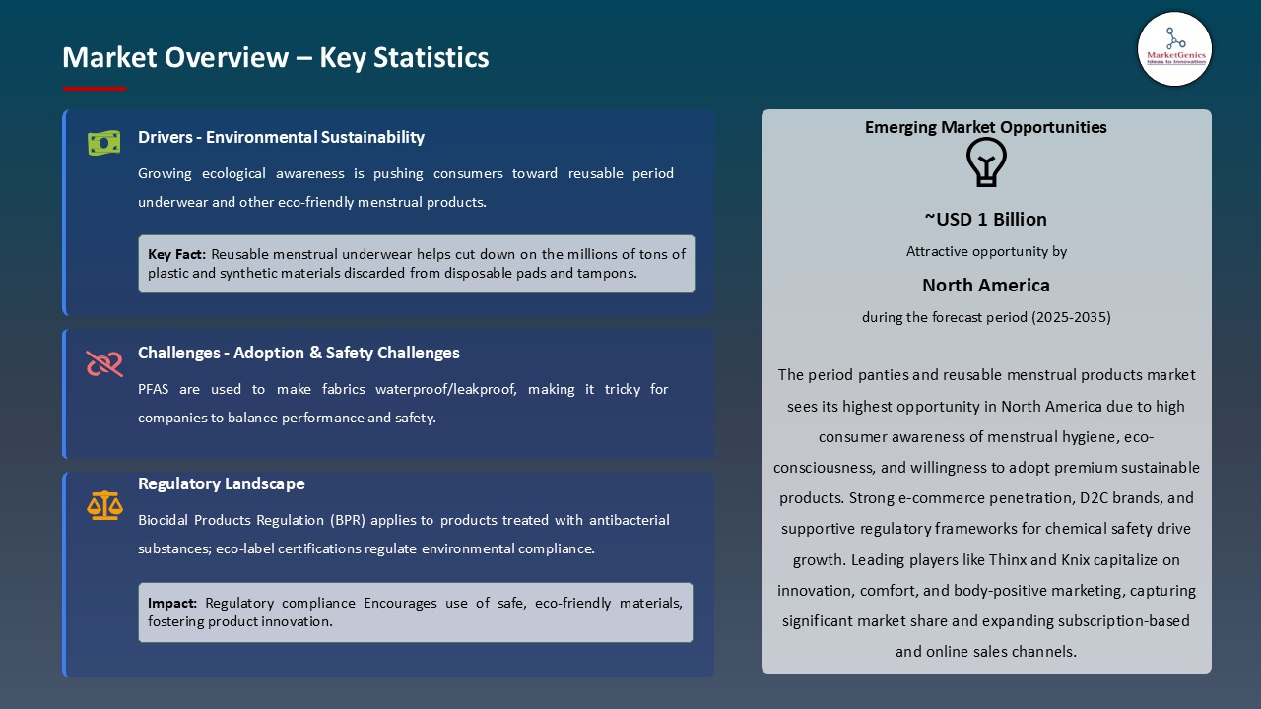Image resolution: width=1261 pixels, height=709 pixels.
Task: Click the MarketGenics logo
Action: point(1174,48)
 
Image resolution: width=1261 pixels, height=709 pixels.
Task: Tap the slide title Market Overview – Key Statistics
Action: point(276,57)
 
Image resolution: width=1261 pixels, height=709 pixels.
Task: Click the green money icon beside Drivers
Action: point(103,143)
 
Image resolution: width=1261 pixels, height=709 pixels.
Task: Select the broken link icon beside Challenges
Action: point(103,363)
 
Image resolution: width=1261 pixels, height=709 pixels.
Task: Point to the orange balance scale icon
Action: point(103,505)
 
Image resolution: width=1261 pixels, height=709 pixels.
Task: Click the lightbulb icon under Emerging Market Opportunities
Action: point(986,162)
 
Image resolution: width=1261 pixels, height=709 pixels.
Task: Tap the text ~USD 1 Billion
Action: point(986,219)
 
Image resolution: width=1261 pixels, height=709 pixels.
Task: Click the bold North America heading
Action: point(986,285)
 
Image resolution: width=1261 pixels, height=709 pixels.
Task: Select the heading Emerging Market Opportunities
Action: point(986,127)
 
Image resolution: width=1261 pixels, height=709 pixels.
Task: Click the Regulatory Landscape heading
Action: point(222,483)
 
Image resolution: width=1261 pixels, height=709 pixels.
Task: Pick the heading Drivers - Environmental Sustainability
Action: point(281,137)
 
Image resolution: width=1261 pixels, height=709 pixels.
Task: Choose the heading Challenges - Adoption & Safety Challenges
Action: point(299,353)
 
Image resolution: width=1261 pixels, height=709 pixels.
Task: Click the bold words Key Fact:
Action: point(177,254)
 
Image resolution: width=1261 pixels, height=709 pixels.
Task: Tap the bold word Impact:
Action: point(172,603)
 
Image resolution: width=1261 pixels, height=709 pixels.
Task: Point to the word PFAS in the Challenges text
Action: point(155,389)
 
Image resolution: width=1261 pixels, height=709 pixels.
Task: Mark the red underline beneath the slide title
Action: point(95,89)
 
